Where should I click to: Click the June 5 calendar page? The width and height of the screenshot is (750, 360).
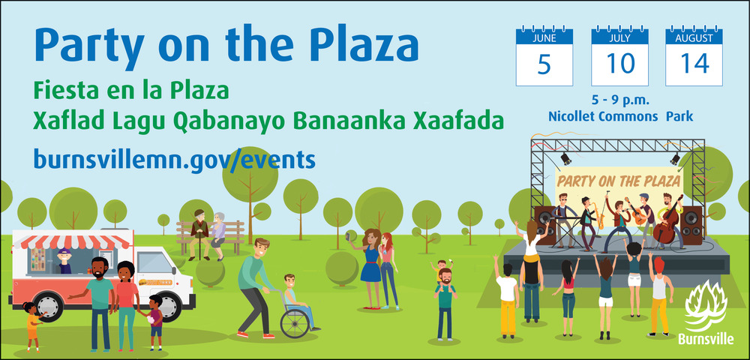544,56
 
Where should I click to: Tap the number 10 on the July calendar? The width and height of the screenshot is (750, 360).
620,64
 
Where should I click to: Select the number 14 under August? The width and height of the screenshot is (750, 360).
694,64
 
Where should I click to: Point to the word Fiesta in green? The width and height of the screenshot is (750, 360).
61,90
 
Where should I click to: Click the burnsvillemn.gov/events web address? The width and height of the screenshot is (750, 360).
174,159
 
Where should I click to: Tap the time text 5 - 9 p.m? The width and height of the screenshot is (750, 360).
620,101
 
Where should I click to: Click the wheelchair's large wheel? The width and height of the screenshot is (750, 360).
295,323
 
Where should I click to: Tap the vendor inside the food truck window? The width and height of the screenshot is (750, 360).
64,261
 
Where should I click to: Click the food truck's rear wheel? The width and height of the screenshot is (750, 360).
49,307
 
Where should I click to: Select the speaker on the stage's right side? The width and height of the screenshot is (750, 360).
691,225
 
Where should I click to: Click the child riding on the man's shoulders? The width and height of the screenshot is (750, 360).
442,270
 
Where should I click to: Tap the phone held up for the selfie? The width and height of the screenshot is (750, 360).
349,237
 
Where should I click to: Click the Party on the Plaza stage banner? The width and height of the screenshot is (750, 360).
619,181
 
